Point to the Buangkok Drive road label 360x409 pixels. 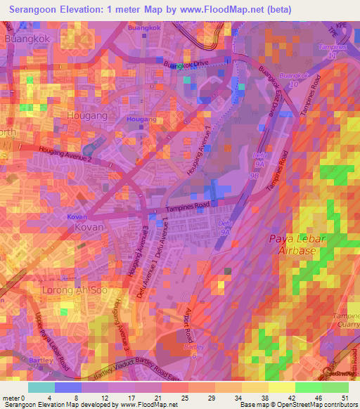coord(187,65)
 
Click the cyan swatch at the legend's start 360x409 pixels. coord(41,387)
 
